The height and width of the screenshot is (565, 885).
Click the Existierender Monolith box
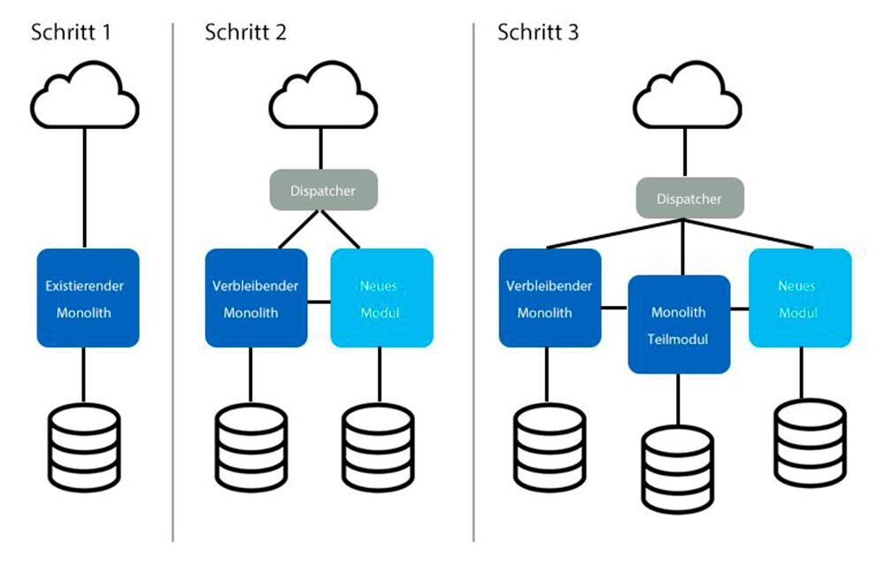pos(88,299)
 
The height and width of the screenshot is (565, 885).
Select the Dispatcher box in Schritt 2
pos(324,189)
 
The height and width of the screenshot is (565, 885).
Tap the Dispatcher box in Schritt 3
pos(690,198)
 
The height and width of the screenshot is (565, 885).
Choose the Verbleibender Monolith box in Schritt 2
pos(256,299)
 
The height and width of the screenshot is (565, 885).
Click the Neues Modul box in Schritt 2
pos(381,299)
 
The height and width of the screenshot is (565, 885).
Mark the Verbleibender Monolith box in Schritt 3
pos(550,299)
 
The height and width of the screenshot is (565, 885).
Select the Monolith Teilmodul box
pos(679,324)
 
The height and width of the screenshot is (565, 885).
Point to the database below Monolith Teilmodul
pos(679,468)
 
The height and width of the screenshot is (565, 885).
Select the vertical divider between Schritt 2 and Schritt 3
pos(473,283)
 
